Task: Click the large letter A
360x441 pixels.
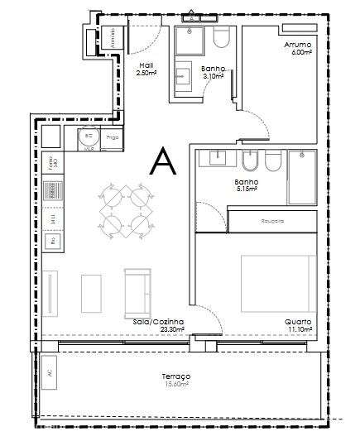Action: (161, 161)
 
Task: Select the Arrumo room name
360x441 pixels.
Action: (297, 45)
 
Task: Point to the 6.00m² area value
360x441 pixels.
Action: (300, 52)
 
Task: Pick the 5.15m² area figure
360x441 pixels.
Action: (247, 189)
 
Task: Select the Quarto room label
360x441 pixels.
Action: (298, 321)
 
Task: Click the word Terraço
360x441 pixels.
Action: (175, 376)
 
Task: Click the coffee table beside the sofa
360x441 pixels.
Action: (91, 293)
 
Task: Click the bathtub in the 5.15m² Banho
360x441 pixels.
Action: (301, 176)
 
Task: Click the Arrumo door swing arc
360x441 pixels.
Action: (257, 124)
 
